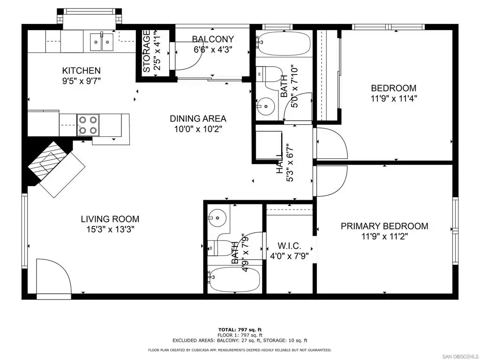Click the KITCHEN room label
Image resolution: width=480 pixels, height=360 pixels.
81,71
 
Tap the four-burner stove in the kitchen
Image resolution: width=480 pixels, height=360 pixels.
88,125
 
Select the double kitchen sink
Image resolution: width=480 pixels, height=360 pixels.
101,42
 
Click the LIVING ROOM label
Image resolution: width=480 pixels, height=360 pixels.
110,219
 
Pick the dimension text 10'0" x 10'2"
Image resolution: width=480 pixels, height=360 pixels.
198,129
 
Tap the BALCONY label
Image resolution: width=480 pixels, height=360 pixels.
213,39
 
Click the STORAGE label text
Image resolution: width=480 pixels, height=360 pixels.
147,51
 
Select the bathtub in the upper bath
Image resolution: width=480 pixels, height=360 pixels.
283,44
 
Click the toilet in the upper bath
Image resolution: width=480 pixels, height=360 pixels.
270,74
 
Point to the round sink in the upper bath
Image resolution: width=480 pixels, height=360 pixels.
266,106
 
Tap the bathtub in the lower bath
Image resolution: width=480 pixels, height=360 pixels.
234,279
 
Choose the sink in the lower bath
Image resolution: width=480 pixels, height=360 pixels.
217,218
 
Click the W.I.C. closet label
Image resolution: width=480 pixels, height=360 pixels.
289,246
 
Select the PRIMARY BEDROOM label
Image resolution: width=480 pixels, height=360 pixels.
384,226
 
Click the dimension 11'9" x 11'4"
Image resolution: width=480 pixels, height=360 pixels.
394,98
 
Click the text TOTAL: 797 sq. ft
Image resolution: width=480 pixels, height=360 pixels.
240,330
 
